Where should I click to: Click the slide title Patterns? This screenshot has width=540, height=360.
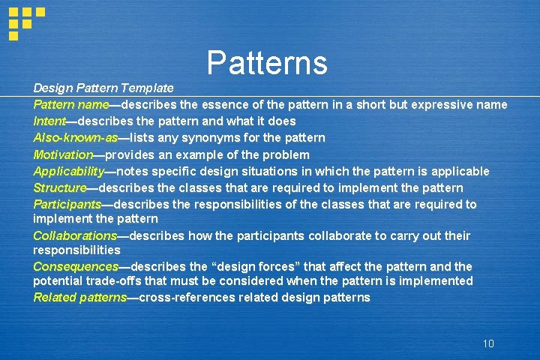click(267, 63)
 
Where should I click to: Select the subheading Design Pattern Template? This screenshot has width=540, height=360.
click(103, 88)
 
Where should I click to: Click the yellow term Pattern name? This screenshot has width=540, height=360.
click(71, 104)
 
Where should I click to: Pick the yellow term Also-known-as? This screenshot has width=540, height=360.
click(76, 137)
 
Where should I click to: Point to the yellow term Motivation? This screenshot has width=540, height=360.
click(62, 154)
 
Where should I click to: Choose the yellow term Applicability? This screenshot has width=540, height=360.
click(68, 171)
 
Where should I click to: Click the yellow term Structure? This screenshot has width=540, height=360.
click(60, 187)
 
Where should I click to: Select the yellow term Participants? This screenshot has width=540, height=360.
click(67, 204)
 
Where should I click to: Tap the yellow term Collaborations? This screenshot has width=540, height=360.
click(75, 235)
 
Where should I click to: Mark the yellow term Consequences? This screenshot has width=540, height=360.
click(76, 266)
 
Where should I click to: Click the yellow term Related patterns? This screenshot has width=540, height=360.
click(80, 297)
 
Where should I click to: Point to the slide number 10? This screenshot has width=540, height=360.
click(488, 343)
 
